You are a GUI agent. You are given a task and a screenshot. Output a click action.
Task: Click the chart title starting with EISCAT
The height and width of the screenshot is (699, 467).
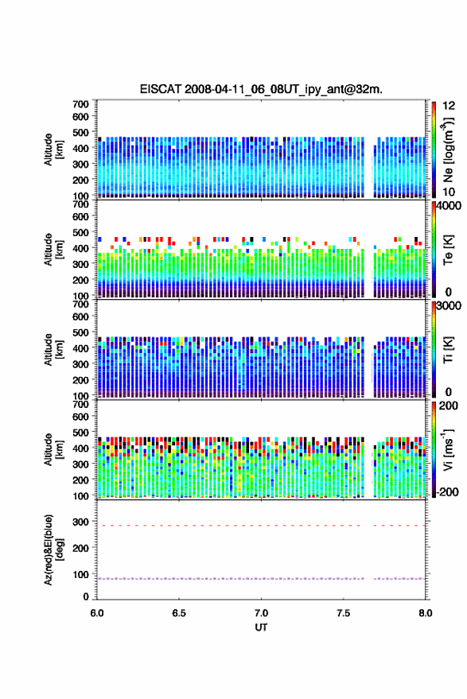click(261, 89)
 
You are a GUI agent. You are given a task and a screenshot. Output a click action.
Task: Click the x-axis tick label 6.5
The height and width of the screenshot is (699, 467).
click(179, 613)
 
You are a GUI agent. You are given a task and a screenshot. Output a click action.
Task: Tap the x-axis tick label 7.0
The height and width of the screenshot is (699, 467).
click(261, 613)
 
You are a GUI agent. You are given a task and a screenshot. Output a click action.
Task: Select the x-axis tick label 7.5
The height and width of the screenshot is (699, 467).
click(343, 613)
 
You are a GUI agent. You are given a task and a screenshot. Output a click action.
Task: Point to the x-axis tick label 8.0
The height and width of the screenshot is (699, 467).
click(425, 613)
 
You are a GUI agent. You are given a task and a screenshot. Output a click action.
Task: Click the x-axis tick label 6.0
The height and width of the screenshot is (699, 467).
click(97, 613)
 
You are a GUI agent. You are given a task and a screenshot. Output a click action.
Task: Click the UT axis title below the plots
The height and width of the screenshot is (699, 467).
click(261, 627)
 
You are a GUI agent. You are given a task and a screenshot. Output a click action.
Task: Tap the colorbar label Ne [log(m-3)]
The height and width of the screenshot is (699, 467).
click(448, 150)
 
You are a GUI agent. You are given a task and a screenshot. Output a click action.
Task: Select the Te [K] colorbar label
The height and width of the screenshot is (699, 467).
click(448, 250)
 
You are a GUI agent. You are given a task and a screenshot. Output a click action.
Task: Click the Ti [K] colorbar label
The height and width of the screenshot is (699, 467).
click(448, 350)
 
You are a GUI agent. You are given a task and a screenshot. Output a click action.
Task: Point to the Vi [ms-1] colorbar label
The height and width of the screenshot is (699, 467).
click(448, 449)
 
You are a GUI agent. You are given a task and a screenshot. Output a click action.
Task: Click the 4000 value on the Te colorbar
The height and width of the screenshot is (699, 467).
click(449, 206)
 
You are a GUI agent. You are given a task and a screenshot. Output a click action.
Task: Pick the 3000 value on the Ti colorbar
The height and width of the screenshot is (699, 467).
click(449, 306)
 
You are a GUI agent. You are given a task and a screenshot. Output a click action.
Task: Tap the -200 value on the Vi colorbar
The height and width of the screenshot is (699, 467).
click(447, 491)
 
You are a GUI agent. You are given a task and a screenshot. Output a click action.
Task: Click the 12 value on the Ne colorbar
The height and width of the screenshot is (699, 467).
click(449, 106)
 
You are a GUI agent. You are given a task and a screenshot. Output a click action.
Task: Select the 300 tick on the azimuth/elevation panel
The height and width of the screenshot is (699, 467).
click(80, 521)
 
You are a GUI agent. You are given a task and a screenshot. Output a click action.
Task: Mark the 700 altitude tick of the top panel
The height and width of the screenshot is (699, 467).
click(80, 104)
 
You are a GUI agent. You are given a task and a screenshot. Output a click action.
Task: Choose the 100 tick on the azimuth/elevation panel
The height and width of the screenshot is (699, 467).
click(80, 574)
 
